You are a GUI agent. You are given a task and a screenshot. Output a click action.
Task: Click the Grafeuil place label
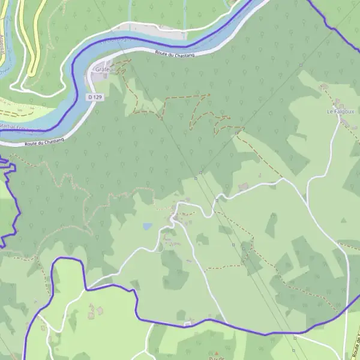pos(104,70)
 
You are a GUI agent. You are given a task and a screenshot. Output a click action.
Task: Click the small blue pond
pos(147,227)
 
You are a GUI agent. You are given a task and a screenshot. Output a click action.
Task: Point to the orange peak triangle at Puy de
pos(217,353)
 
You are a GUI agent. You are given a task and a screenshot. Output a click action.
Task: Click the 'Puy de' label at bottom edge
pos(217,358)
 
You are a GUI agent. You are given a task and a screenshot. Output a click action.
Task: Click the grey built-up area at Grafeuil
pos(103,62)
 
